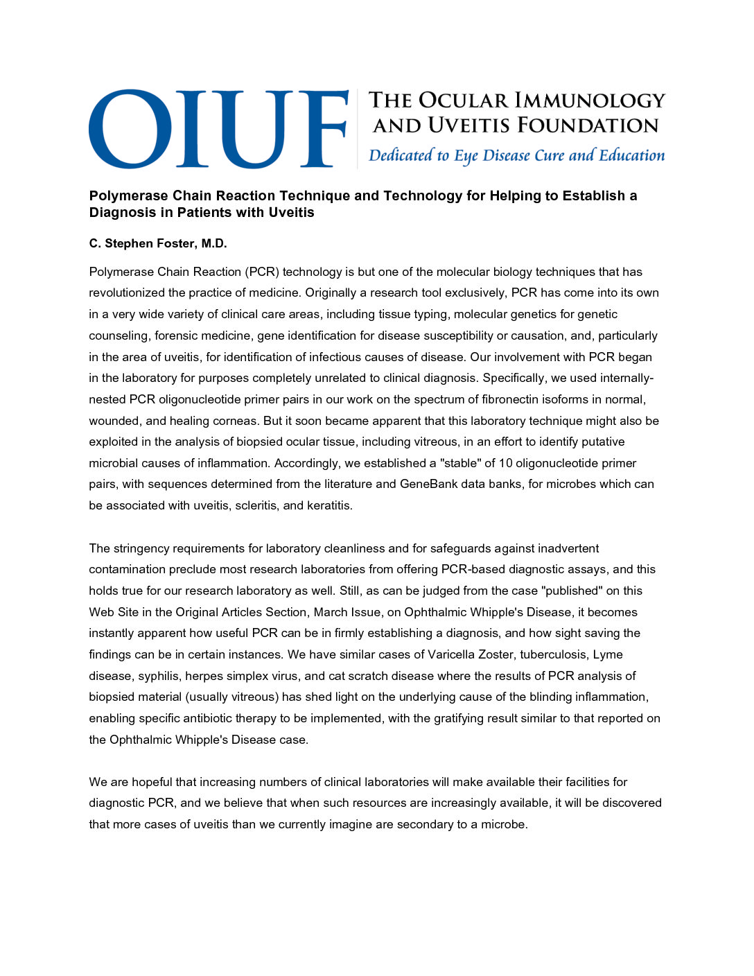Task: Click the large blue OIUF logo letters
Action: click(x=218, y=128)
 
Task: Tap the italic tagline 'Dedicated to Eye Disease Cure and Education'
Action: click(x=516, y=156)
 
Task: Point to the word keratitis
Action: click(x=328, y=505)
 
